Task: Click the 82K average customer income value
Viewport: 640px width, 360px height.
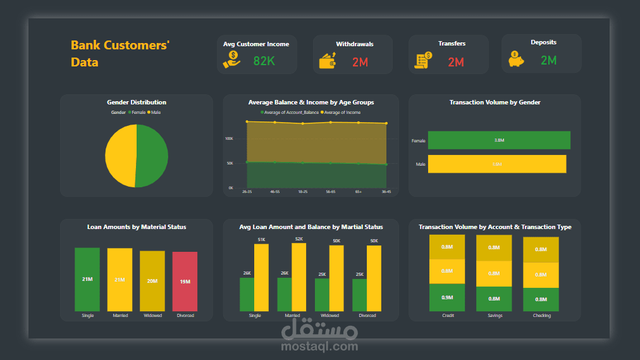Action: pyautogui.click(x=264, y=61)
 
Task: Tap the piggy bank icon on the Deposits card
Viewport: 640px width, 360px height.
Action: pyautogui.click(x=516, y=60)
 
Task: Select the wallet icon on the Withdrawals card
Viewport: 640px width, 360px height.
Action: pyautogui.click(x=328, y=61)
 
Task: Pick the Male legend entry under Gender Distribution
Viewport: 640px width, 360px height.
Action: pyautogui.click(x=154, y=112)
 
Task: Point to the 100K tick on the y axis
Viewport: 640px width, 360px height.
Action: pyautogui.click(x=229, y=139)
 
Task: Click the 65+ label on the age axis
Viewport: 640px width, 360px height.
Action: pyautogui.click(x=359, y=191)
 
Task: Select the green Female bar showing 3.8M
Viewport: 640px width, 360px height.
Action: pyautogui.click(x=498, y=140)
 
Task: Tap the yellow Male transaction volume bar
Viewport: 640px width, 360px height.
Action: pyautogui.click(x=496, y=164)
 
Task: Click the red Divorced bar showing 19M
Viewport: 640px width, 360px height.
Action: pyautogui.click(x=185, y=282)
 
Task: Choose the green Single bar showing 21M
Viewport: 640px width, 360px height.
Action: pyautogui.click(x=87, y=279)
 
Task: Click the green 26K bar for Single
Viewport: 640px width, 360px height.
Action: pyautogui.click(x=247, y=294)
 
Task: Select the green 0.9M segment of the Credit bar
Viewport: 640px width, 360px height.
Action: pyautogui.click(x=447, y=297)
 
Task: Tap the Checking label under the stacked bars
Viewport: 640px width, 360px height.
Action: pyautogui.click(x=541, y=316)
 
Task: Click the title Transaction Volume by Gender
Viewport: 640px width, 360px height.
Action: pyautogui.click(x=495, y=102)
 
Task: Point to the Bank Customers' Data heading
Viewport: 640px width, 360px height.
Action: pyautogui.click(x=120, y=54)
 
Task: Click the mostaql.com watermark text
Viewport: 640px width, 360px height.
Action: pyautogui.click(x=319, y=346)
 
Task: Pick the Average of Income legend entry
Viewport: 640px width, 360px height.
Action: pyautogui.click(x=342, y=113)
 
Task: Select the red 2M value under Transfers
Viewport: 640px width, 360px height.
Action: pyautogui.click(x=456, y=62)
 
